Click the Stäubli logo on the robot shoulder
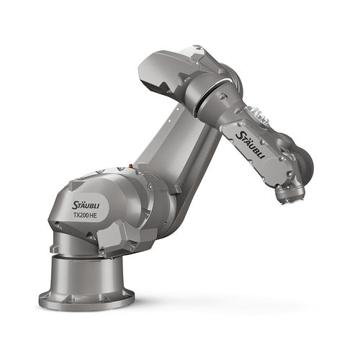[x=86, y=205]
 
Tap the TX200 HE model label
[x=85, y=215]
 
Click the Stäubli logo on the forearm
[x=251, y=145]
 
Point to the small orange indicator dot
[x=130, y=166]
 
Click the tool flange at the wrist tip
[x=289, y=194]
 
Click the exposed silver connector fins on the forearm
[x=258, y=114]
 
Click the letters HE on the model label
[x=93, y=215]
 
